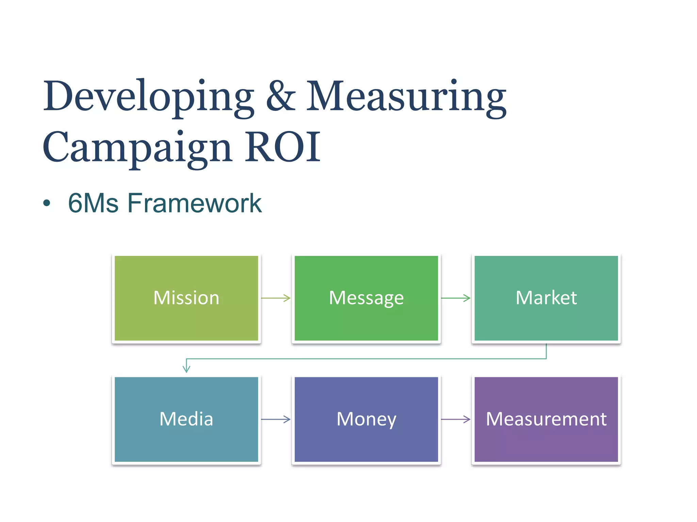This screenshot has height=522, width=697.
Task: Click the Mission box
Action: click(186, 298)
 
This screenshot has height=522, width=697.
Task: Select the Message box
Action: click(366, 298)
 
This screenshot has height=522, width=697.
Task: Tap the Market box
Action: click(546, 298)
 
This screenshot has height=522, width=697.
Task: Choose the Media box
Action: click(186, 419)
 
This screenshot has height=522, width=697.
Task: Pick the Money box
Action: click(366, 419)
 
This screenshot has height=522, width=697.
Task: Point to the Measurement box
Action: click(546, 419)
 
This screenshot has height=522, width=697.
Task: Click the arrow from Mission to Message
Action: click(276, 298)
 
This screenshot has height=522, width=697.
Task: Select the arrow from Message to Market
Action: click(455, 298)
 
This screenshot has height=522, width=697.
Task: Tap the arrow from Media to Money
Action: click(276, 419)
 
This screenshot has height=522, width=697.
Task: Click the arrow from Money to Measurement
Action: click(455, 419)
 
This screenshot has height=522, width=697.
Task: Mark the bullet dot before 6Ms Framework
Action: click(47, 204)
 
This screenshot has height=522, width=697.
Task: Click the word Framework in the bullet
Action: click(194, 203)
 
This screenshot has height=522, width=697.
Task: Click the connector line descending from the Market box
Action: click(546, 351)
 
